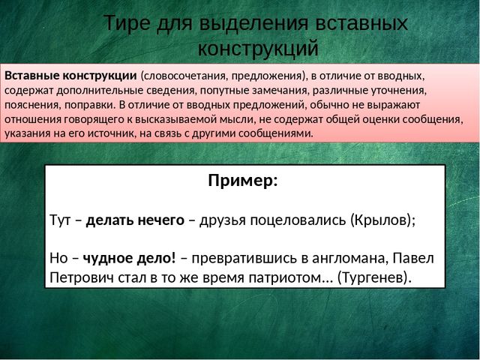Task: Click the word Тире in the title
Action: pos(127,23)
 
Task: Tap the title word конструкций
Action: pos(258,48)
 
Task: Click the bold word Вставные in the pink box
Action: pos(31,76)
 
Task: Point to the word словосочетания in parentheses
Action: pos(182,76)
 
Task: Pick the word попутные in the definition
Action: pos(223,91)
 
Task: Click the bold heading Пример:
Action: pos(243,181)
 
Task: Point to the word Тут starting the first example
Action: pos(60,220)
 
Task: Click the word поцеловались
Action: pos(298,220)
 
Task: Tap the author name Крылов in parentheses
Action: pos(381,220)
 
